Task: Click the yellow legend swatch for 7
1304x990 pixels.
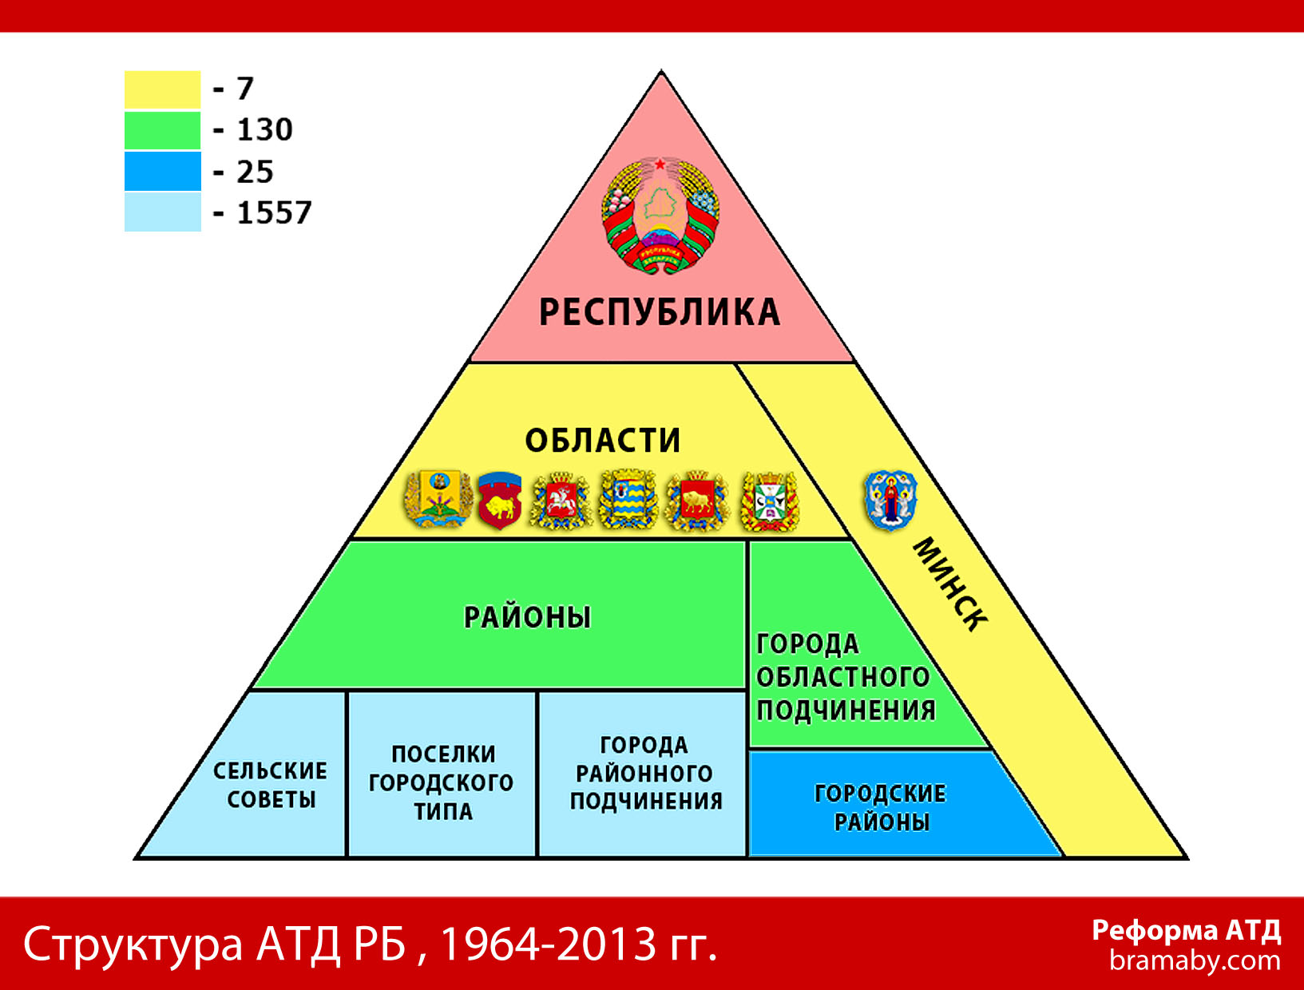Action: pos(162,89)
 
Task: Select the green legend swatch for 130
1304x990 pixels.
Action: pos(162,130)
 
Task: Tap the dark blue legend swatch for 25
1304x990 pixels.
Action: pos(162,171)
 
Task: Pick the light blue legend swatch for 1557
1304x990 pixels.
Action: pos(162,212)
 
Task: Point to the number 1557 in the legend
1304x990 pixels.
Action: pos(274,212)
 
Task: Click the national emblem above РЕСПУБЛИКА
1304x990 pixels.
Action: pos(660,215)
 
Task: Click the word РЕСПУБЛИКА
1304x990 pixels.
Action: pos(660,312)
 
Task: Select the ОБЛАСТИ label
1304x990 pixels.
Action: pos(602,440)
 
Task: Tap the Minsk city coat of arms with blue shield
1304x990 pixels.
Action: pos(890,500)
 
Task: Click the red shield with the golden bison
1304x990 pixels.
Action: pos(500,500)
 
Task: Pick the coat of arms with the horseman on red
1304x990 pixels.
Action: pos(561,500)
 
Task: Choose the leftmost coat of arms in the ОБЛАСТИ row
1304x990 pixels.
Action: pos(439,499)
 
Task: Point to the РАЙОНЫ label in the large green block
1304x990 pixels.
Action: pos(527,617)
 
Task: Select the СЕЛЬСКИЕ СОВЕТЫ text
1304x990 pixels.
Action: pos(271,785)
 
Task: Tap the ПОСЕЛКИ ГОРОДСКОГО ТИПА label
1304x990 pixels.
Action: pos(442,782)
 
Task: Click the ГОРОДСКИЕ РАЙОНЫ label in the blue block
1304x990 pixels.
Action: pos(881,808)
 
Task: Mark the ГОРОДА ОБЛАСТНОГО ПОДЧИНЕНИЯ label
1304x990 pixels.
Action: pos(846,678)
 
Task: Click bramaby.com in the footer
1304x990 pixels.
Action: pos(1195,961)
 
